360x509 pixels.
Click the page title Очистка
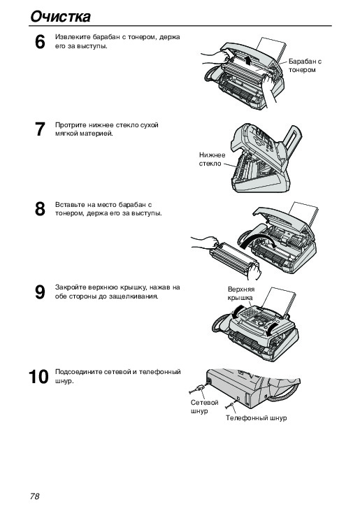tap(60, 16)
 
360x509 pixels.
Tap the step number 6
tap(40, 42)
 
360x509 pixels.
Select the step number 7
tap(40, 129)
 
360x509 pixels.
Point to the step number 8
tap(40, 209)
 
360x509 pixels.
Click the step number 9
tap(40, 292)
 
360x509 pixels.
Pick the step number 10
tap(38, 377)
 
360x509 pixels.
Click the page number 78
tap(35, 496)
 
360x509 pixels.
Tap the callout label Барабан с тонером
tap(305, 66)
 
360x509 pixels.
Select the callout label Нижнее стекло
tap(212, 159)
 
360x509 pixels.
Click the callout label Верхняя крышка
tap(241, 294)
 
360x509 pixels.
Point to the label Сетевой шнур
tap(204, 407)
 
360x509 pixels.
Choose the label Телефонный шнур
tap(256, 418)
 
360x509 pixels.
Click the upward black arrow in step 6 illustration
tap(248, 60)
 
